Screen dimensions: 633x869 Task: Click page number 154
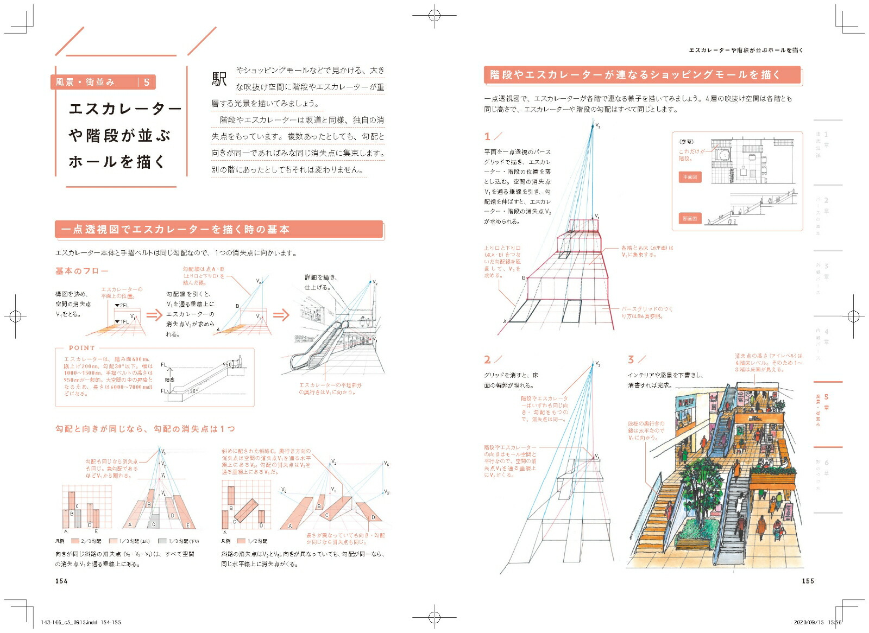(61, 581)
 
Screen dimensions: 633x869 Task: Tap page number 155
(808, 581)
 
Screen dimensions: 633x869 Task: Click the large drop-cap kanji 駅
(219, 79)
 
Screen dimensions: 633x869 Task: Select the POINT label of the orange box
(81, 348)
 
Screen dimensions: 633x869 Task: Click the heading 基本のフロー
(81, 271)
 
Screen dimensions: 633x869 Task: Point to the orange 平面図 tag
(690, 177)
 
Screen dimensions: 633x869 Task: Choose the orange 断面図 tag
(690, 218)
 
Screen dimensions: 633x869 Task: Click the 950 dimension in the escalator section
(227, 364)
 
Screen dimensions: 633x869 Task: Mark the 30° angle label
(193, 391)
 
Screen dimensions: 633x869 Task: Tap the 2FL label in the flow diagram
(124, 306)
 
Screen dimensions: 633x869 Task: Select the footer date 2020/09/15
(808, 623)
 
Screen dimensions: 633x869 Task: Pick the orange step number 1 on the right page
(487, 136)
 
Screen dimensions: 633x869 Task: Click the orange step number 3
(631, 359)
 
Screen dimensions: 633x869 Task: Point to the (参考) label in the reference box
(686, 142)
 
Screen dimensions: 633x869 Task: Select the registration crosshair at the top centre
(434, 16)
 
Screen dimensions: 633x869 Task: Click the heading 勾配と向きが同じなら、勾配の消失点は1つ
(145, 429)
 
